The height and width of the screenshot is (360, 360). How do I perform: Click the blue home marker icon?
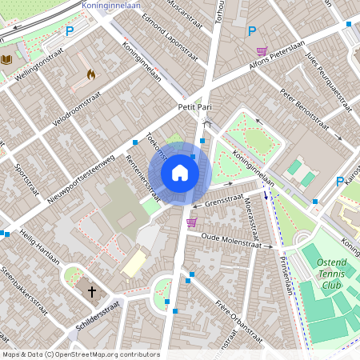[180, 173]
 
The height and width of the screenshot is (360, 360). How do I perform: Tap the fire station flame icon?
[90, 74]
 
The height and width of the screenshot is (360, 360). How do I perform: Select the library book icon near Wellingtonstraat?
[7, 59]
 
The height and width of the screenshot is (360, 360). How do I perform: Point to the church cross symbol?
[92, 292]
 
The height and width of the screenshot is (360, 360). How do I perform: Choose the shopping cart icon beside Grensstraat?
[191, 222]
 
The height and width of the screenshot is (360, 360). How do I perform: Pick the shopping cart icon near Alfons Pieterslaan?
[262, 51]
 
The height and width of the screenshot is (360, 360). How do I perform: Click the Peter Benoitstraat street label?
[305, 111]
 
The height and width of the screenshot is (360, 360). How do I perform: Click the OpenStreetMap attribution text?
[80, 354]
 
